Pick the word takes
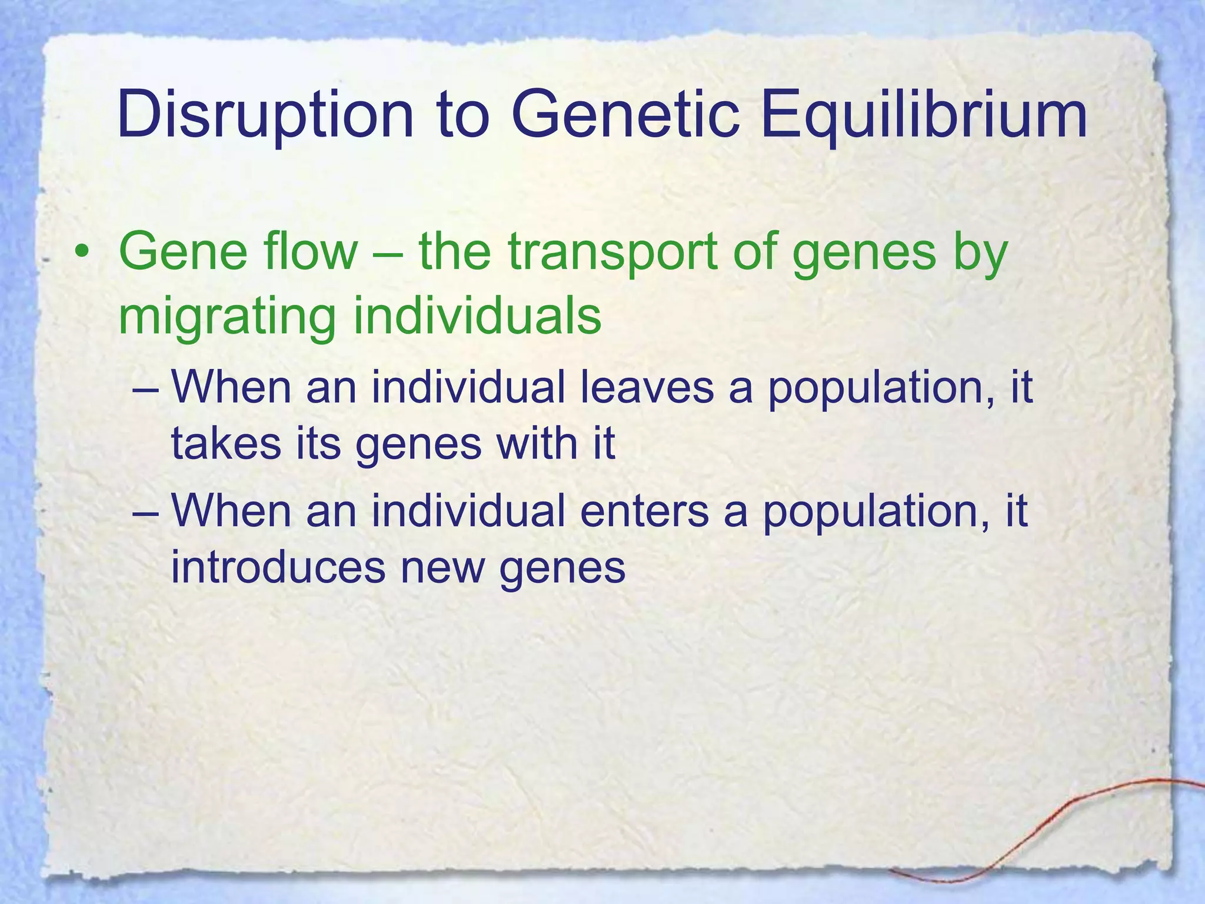tap(226, 444)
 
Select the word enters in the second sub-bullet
tap(644, 511)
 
